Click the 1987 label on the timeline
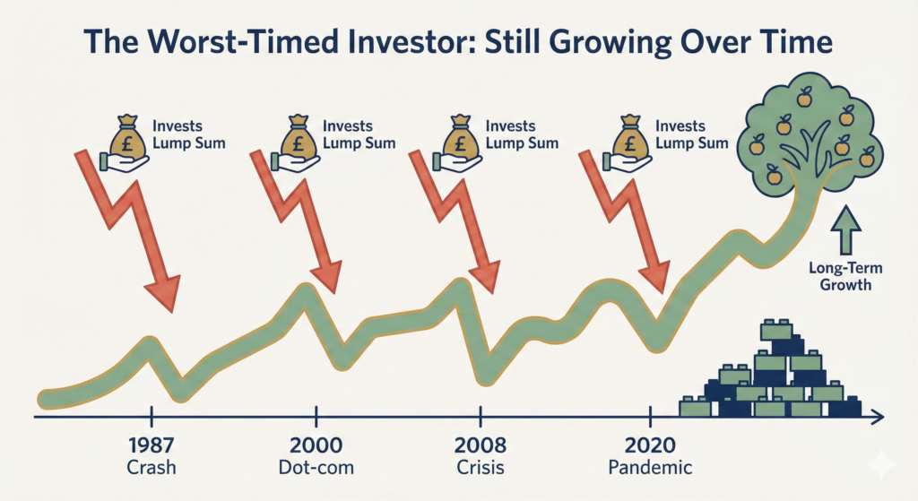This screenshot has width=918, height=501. pyautogui.click(x=152, y=445)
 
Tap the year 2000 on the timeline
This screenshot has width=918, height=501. pyautogui.click(x=316, y=445)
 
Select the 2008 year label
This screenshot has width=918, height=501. pyautogui.click(x=481, y=445)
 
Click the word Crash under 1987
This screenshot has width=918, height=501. pyautogui.click(x=152, y=467)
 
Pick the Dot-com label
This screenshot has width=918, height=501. pyautogui.click(x=316, y=467)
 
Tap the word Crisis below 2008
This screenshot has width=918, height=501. pyautogui.click(x=481, y=467)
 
